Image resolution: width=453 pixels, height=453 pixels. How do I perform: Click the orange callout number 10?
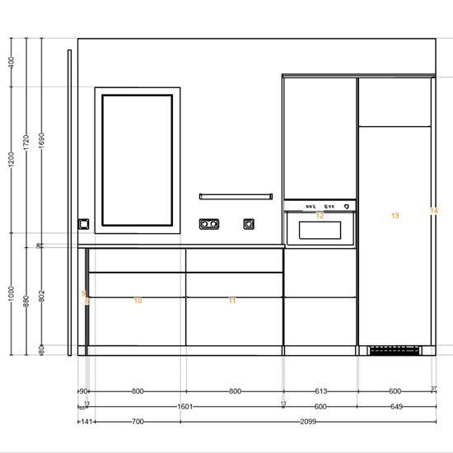tap(138, 301)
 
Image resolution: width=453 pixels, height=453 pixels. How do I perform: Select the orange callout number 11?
tap(231, 301)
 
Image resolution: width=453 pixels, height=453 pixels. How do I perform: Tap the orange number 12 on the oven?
tap(320, 216)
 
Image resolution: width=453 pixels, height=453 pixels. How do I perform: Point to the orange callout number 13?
tap(395, 216)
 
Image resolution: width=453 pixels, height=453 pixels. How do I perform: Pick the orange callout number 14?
tap(434, 211)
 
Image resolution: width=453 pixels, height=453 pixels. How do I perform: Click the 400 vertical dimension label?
tap(12, 63)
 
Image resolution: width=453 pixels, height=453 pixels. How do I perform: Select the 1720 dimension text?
tap(26, 141)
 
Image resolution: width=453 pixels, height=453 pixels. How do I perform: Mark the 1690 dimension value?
tap(41, 141)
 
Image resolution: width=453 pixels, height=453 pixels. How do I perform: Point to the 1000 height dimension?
tap(12, 295)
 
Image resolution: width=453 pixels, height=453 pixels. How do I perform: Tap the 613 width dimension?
tap(320, 391)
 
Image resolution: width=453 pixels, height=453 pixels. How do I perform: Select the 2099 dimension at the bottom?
tap(307, 421)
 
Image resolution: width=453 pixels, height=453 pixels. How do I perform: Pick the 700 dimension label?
tap(137, 421)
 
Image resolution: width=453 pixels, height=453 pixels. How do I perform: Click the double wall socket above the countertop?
tap(209, 223)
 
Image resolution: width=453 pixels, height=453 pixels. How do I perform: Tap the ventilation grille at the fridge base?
tap(394, 351)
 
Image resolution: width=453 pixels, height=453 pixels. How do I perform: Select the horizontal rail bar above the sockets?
tap(236, 196)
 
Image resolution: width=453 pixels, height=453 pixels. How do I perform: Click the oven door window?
tap(320, 229)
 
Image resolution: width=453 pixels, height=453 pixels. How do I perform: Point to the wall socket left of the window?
tap(82, 223)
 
